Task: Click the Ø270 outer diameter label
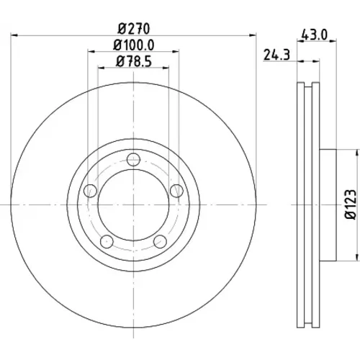point(134,29)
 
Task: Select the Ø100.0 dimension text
point(134,45)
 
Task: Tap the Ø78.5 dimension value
point(134,61)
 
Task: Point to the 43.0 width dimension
point(315,35)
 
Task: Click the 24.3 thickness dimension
point(276,55)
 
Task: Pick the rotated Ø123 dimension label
point(351,204)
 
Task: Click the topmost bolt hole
point(133,159)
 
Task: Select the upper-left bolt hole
point(90,191)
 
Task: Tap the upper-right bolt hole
point(176,191)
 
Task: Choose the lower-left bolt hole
point(107,241)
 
